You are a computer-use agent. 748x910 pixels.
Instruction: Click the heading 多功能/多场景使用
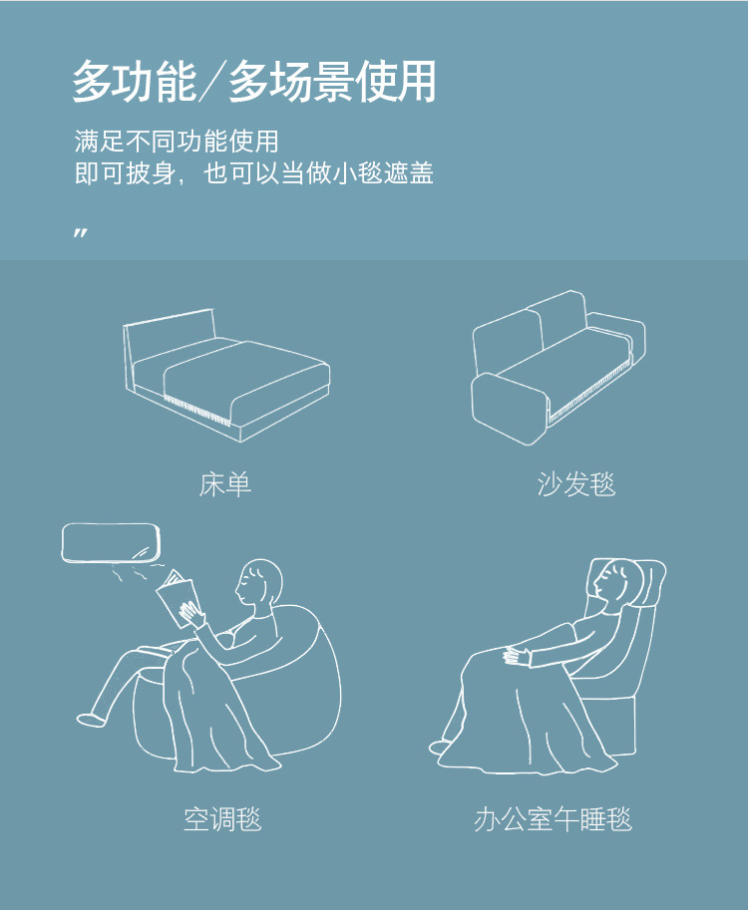(253, 82)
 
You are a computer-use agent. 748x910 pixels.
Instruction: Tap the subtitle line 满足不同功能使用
(177, 141)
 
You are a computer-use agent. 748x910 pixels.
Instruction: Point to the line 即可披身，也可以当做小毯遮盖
(253, 173)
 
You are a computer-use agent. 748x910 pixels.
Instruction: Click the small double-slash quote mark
(81, 233)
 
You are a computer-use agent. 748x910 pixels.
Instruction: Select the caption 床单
(224, 484)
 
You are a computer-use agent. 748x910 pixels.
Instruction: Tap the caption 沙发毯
(575, 484)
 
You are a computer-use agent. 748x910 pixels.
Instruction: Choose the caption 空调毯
(222, 819)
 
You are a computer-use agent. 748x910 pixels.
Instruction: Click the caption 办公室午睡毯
(553, 819)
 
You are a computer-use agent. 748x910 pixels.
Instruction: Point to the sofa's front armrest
(510, 408)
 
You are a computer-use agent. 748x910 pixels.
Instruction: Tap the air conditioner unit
(111, 542)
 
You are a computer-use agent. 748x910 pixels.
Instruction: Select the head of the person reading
(258, 584)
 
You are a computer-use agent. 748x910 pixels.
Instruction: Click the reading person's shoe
(89, 719)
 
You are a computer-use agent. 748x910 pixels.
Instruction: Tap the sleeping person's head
(611, 583)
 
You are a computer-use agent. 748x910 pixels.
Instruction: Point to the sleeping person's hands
(517, 655)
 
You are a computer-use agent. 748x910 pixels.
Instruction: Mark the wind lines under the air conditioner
(136, 571)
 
